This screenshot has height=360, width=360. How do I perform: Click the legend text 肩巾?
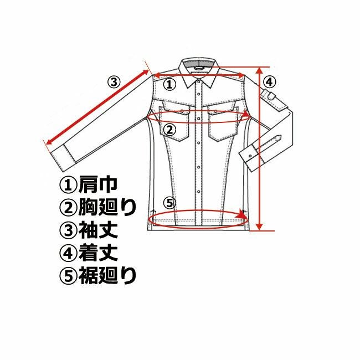[98, 184]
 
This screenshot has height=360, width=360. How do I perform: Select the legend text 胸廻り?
[107, 208]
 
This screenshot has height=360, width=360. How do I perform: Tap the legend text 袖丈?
[98, 230]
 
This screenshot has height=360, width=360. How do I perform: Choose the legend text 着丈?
[98, 253]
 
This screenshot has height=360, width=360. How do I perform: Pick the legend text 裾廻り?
[107, 276]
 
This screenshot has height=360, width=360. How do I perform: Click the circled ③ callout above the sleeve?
[114, 81]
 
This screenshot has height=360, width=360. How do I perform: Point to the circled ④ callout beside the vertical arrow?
[270, 82]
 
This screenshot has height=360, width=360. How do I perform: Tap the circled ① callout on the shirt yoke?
[169, 84]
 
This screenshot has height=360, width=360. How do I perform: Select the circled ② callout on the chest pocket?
[169, 130]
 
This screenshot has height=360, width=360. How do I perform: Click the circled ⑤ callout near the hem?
[169, 203]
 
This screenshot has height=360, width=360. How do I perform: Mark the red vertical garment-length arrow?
[259, 149]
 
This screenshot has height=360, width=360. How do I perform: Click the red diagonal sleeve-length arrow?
[97, 107]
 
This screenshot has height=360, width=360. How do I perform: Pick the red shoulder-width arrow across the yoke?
[199, 75]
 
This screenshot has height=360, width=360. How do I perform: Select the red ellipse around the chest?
[198, 123]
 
